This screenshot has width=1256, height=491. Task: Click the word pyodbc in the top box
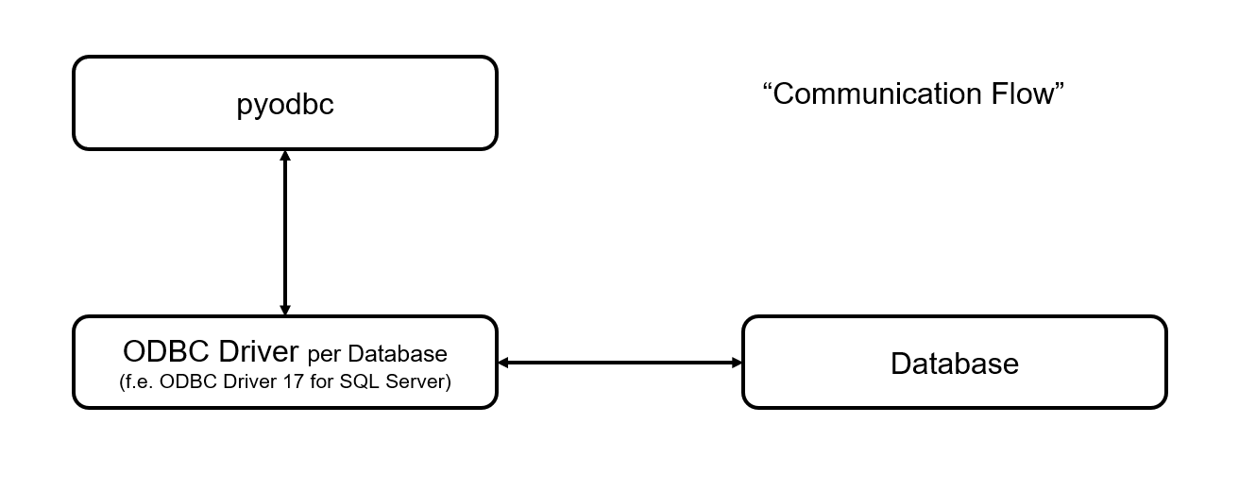tap(285, 104)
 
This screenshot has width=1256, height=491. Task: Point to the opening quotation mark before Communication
tap(768, 87)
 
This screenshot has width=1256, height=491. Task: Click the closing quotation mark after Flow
tap(1060, 87)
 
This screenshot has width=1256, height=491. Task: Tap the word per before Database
tap(324, 356)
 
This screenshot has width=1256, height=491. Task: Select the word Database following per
tap(397, 354)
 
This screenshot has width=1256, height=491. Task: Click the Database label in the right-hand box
tap(954, 364)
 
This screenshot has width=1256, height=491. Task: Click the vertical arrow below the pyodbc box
tap(285, 232)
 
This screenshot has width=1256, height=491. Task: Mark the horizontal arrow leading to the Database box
tap(620, 363)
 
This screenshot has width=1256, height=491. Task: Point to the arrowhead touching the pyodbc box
tap(285, 156)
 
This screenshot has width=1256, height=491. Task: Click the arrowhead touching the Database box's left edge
tap(737, 363)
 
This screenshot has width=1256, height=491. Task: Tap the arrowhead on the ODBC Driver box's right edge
tap(504, 363)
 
